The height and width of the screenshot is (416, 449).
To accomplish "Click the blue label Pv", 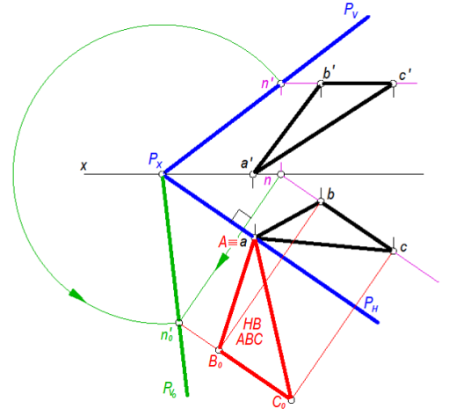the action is [x=351, y=11].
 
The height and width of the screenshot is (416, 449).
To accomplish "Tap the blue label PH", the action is [x=371, y=303].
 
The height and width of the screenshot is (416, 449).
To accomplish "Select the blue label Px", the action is [x=156, y=160].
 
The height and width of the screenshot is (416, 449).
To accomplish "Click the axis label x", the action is [x=83, y=166].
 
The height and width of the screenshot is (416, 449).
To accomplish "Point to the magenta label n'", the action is [x=267, y=83].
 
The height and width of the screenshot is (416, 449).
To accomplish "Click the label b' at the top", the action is [x=329, y=73].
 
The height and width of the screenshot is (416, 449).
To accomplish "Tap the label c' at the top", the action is [x=405, y=75].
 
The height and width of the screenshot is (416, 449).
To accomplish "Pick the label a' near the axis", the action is [x=247, y=163].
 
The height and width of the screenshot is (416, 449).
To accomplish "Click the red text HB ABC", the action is [x=250, y=332].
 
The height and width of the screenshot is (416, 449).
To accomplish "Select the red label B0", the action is [x=215, y=361].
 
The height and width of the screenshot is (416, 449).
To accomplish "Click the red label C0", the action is [x=279, y=402].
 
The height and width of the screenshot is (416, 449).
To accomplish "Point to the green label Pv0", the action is [x=170, y=389].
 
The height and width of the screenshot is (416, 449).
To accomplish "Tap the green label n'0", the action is [x=167, y=334].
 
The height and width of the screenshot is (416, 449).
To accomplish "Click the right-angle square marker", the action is [x=242, y=215].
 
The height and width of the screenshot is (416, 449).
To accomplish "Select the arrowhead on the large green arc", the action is [x=77, y=296].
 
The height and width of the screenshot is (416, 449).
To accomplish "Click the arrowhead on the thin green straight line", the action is [x=222, y=261].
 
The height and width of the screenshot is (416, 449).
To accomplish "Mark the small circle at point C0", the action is [x=292, y=400].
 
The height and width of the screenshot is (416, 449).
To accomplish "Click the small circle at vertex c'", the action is [x=394, y=84].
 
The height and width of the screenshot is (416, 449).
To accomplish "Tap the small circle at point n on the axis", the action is [x=281, y=174].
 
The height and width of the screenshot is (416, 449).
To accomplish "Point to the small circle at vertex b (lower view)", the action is [x=321, y=201].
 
